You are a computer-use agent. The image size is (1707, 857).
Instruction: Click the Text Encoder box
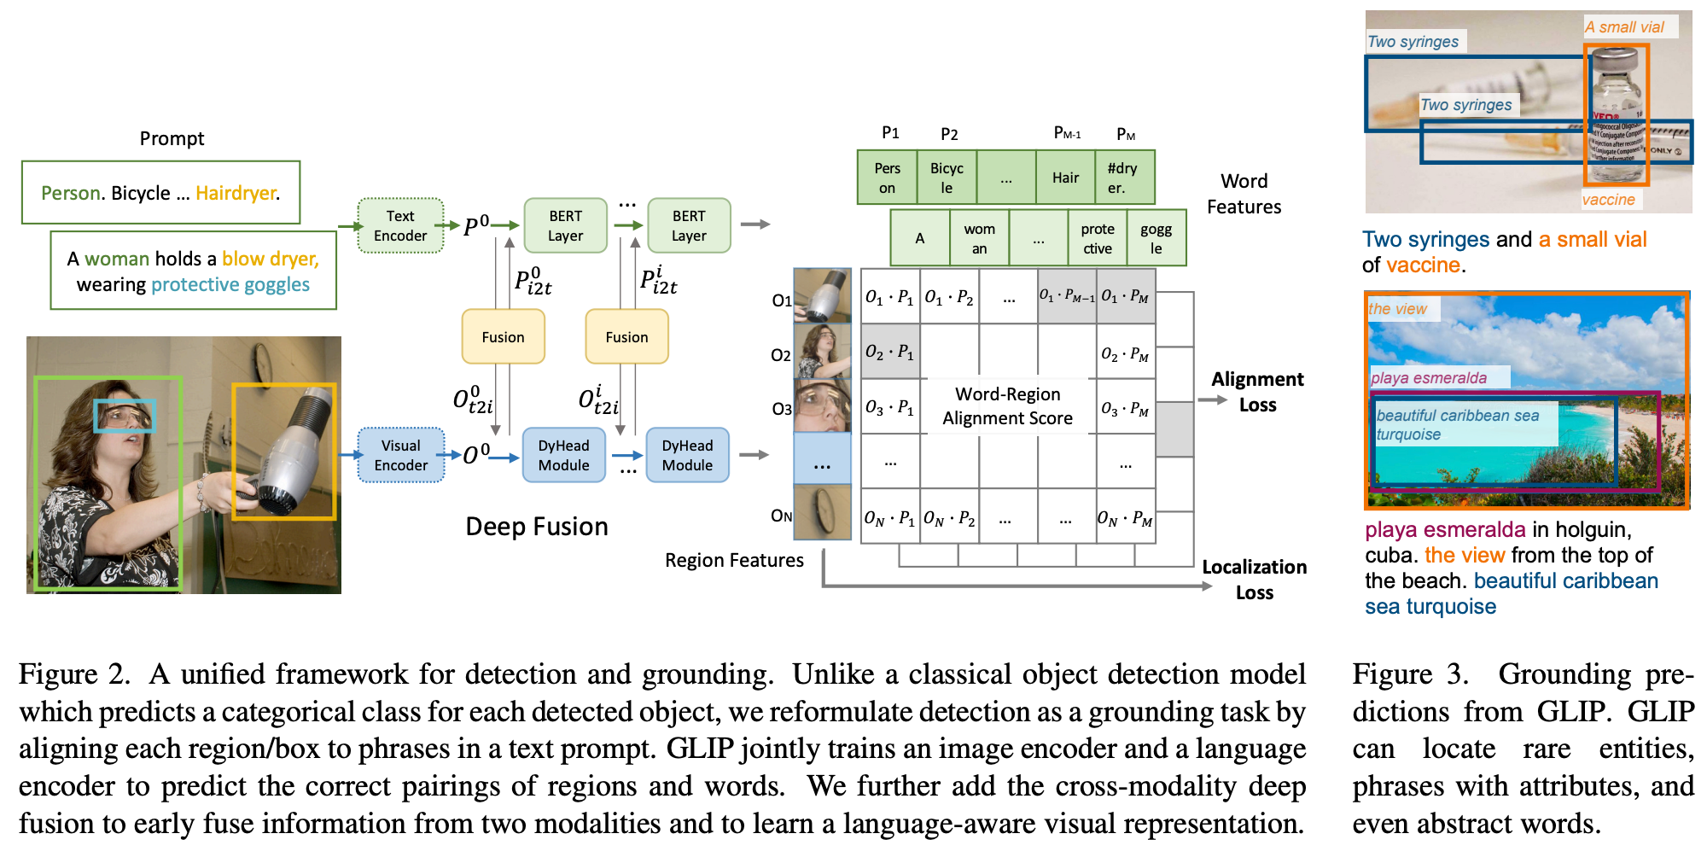(x=400, y=226)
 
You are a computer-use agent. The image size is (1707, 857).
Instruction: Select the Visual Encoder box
(x=400, y=455)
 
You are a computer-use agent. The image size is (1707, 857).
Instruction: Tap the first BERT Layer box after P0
(x=565, y=226)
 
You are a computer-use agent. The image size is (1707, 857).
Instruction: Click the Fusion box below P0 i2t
(x=503, y=337)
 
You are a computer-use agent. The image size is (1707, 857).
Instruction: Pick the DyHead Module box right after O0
(x=563, y=455)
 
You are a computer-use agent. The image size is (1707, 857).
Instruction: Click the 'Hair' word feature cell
(x=1065, y=178)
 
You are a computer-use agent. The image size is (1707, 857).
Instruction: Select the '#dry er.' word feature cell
(x=1124, y=178)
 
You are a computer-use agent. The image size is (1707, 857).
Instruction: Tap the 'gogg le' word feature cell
(x=1156, y=238)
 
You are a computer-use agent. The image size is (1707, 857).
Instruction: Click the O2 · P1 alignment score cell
(x=889, y=352)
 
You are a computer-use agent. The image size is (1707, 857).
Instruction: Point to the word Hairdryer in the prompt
(x=236, y=193)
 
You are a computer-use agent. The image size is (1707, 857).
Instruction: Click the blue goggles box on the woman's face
(x=125, y=416)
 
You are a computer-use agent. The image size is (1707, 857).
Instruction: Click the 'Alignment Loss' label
(x=1257, y=392)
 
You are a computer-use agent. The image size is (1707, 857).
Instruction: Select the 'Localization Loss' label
(x=1254, y=580)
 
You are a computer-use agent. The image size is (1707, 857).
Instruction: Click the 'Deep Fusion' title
(x=536, y=527)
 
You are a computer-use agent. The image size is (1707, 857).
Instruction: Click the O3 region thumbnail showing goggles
(x=822, y=405)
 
